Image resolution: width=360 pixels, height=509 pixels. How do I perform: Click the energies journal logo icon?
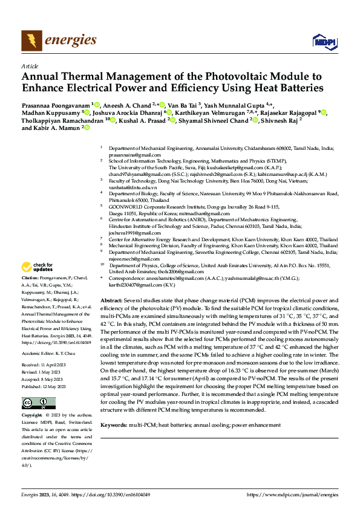click(x=31, y=40)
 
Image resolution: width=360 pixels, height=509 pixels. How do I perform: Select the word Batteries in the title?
click(x=264, y=89)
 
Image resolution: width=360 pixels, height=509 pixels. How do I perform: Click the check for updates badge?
click(x=37, y=267)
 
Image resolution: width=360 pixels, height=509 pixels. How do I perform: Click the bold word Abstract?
click(x=111, y=300)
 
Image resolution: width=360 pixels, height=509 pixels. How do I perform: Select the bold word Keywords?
click(x=114, y=426)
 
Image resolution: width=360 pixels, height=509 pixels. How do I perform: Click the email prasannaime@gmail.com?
click(x=126, y=155)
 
